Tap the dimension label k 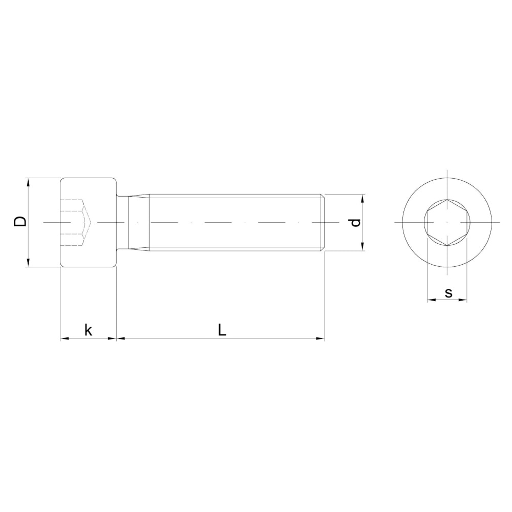click(x=88, y=330)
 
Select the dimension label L click(x=221, y=330)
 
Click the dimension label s click(x=448, y=293)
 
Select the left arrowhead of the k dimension click(x=63, y=338)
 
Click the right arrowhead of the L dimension click(x=321, y=338)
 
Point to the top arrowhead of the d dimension click(x=362, y=197)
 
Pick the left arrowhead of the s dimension click(x=430, y=300)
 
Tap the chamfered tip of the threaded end click(x=323, y=223)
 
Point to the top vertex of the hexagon click(x=446, y=199)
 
